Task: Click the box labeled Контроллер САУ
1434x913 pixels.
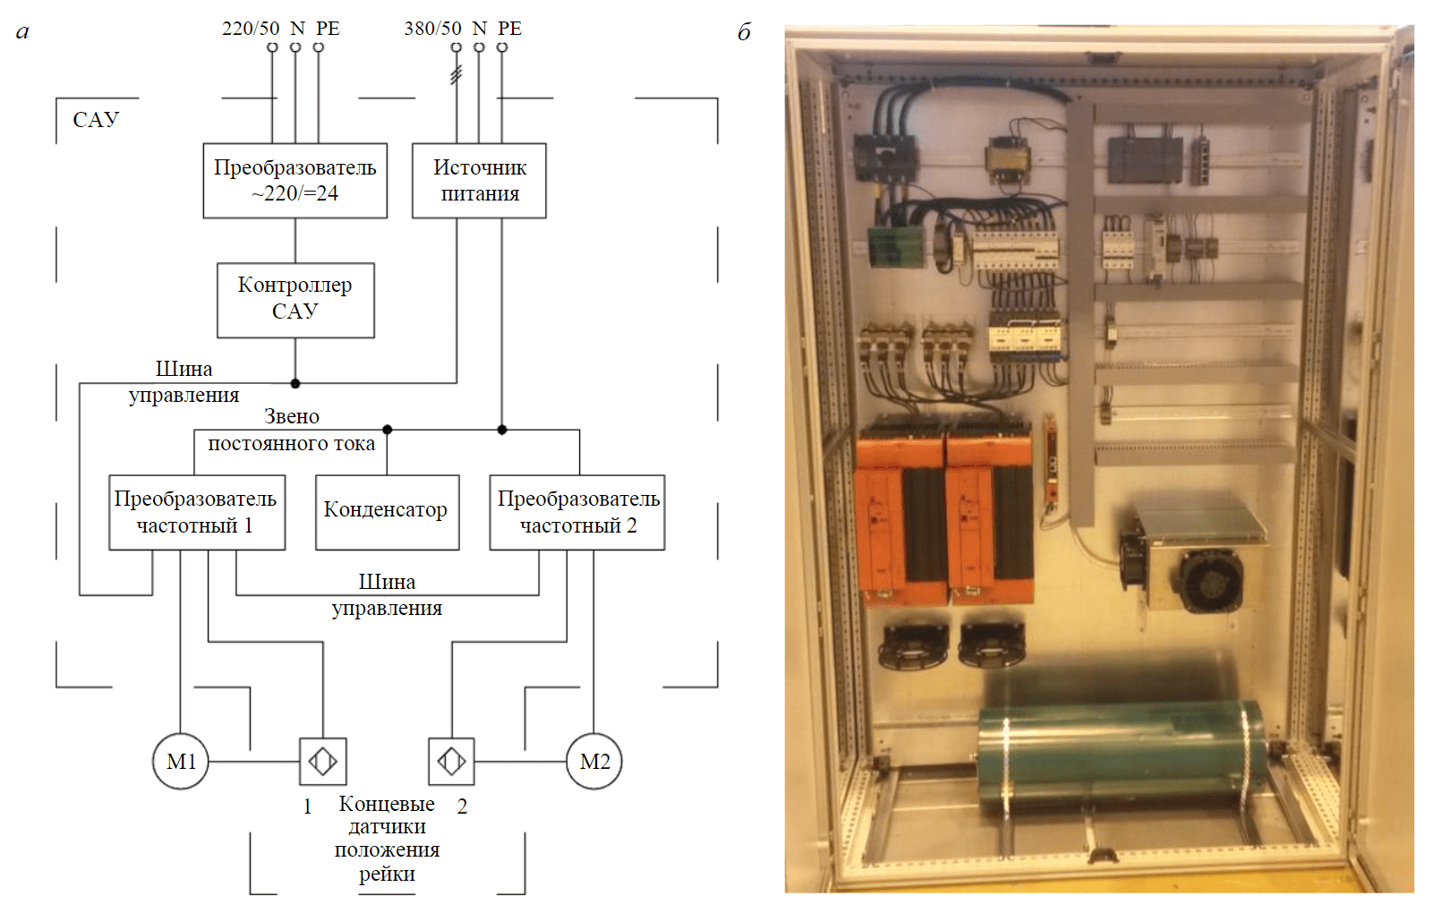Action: [x=295, y=300]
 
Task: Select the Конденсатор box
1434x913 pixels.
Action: [x=387, y=512]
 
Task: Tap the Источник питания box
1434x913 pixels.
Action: [x=479, y=181]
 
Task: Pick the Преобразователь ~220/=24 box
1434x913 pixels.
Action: [x=294, y=181]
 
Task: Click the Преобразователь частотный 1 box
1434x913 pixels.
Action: [x=197, y=512]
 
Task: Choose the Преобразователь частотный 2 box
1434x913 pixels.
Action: [x=577, y=512]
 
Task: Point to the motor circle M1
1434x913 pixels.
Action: [x=181, y=762]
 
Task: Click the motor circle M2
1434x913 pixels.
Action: [x=594, y=762]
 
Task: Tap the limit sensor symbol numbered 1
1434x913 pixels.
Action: [x=322, y=762]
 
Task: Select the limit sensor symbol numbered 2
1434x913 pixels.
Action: [x=451, y=762]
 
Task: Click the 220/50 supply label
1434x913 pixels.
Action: [x=251, y=29]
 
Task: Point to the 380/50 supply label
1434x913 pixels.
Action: [x=432, y=29]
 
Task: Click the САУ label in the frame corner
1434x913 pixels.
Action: [x=96, y=120]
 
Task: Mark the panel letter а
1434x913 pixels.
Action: [x=22, y=32]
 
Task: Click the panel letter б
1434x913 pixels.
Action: [x=744, y=32]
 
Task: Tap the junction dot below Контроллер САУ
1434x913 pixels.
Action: [x=295, y=383]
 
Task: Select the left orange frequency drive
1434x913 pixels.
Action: [x=900, y=519]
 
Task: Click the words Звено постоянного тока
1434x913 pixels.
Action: [x=292, y=430]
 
